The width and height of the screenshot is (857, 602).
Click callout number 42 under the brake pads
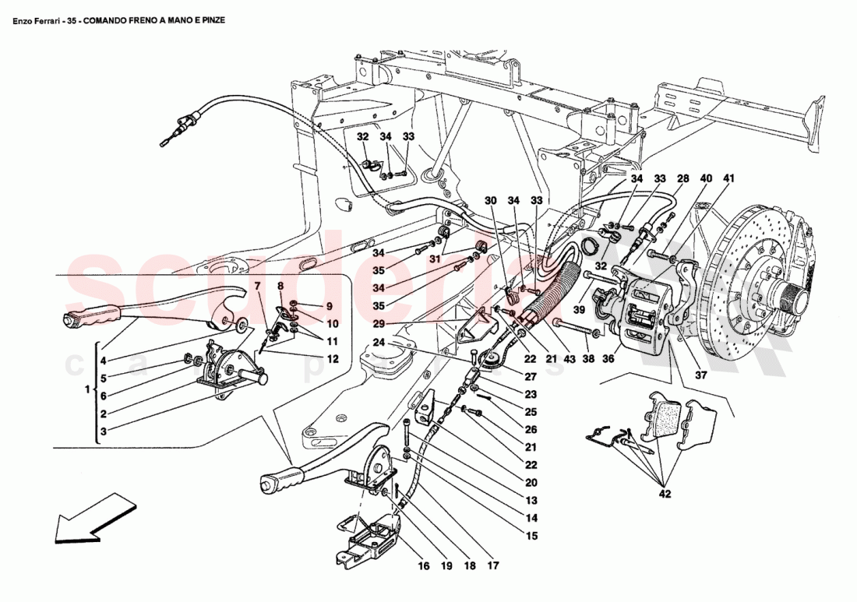pyautogui.click(x=665, y=493)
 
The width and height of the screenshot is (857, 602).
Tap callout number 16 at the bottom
pyautogui.click(x=424, y=566)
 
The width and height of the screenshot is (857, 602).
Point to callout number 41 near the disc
pyautogui.click(x=728, y=179)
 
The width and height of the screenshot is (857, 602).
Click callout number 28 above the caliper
pyautogui.click(x=682, y=179)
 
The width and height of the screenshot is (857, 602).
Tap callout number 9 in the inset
pyautogui.click(x=329, y=306)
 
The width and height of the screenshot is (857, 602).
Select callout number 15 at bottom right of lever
pyautogui.click(x=532, y=536)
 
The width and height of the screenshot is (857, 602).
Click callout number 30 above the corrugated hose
pyautogui.click(x=492, y=199)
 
